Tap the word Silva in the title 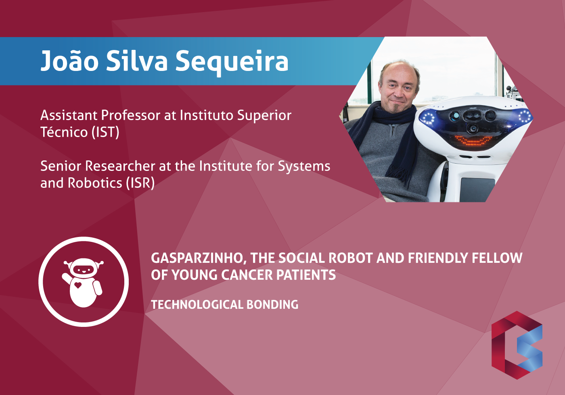[137, 60]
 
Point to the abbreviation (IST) [105, 132]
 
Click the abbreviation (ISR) [140, 183]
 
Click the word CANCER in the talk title [247, 275]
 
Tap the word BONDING [272, 305]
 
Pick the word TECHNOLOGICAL [197, 305]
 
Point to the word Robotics [95, 183]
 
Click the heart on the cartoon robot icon [78, 285]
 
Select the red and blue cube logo [517, 345]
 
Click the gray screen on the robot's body [477, 189]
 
